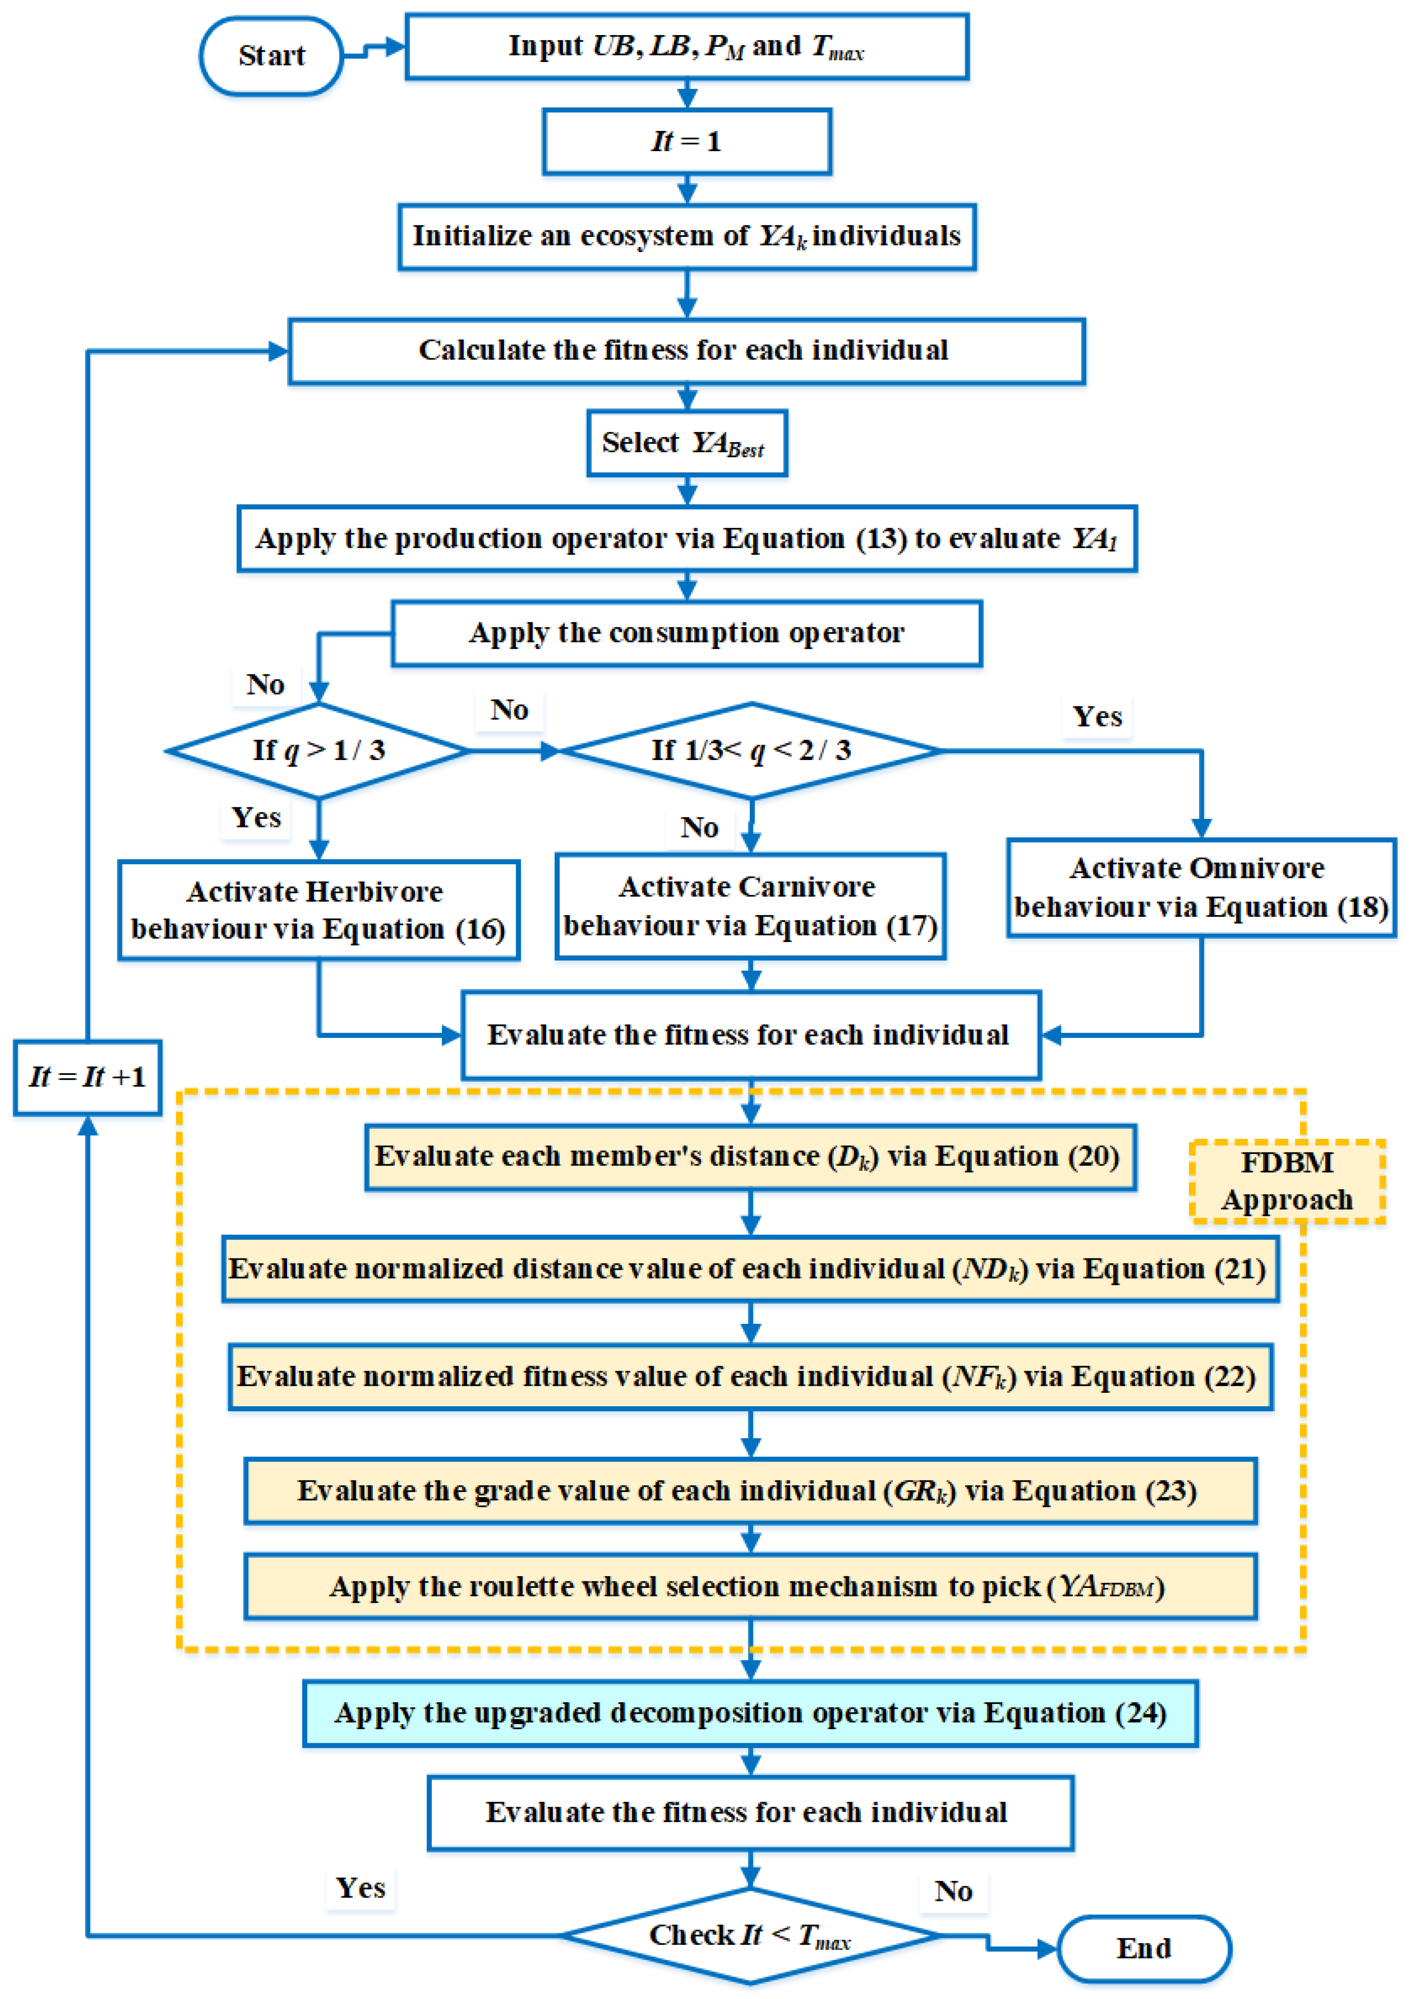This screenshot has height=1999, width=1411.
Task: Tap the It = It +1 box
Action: (x=87, y=1077)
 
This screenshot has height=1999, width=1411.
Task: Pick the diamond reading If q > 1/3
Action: (x=319, y=750)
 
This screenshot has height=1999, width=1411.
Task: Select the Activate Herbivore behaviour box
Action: (x=319, y=910)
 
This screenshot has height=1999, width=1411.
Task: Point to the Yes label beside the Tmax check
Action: (x=360, y=1888)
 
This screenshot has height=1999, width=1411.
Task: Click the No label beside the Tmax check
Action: (x=953, y=1891)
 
